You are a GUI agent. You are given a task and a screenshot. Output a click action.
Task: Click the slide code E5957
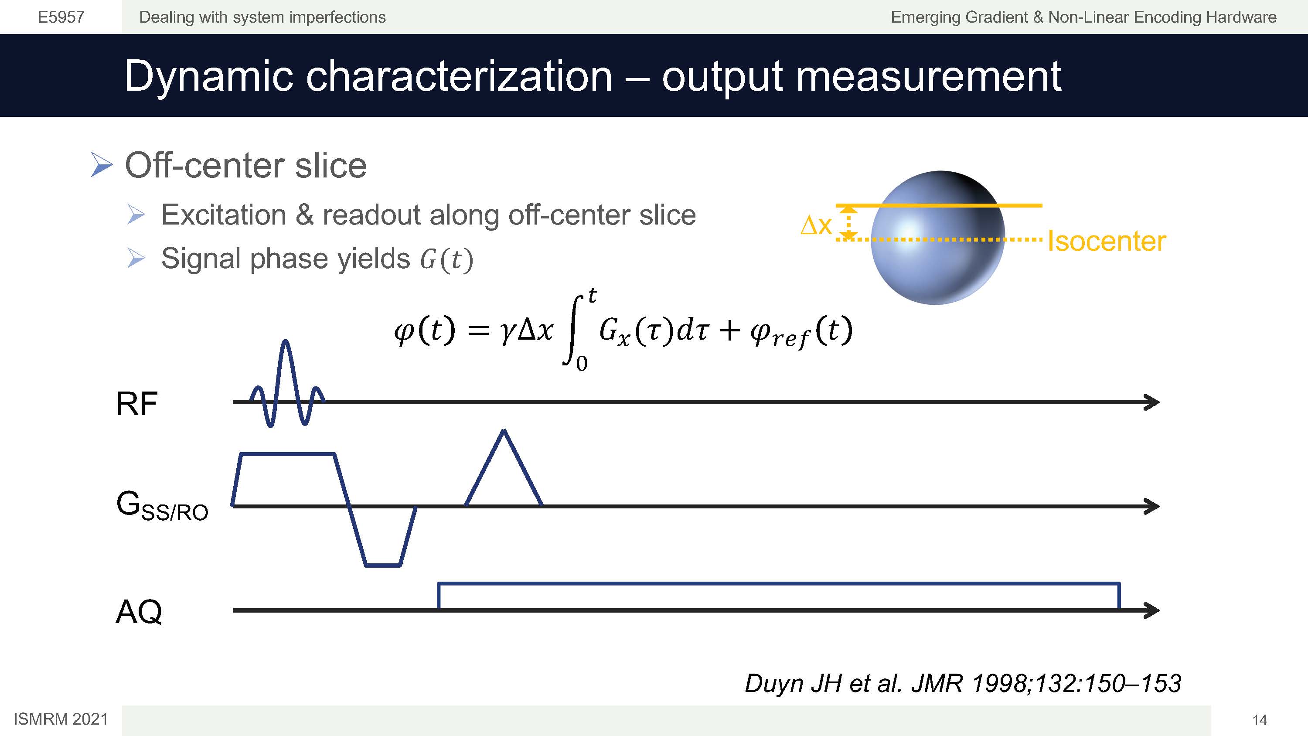tap(61, 17)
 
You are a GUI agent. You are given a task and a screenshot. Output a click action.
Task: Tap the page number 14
tap(1259, 720)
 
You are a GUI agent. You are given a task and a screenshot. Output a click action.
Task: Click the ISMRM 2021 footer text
tap(61, 719)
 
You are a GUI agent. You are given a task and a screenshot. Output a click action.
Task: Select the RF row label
tap(136, 404)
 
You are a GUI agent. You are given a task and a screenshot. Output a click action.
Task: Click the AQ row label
tap(139, 612)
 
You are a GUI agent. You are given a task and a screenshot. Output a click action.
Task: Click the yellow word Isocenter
tap(1107, 241)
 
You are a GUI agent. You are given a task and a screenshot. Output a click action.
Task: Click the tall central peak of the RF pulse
tap(286, 341)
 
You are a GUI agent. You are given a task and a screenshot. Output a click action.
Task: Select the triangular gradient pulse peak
tap(503, 432)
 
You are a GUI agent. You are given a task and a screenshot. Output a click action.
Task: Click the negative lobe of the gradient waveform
tap(383, 564)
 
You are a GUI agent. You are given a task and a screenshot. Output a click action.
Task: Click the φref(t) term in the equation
tap(801, 332)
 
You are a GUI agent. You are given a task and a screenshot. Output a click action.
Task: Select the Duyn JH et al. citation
tap(963, 683)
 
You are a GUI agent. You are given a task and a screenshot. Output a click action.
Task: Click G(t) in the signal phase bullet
tap(446, 259)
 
